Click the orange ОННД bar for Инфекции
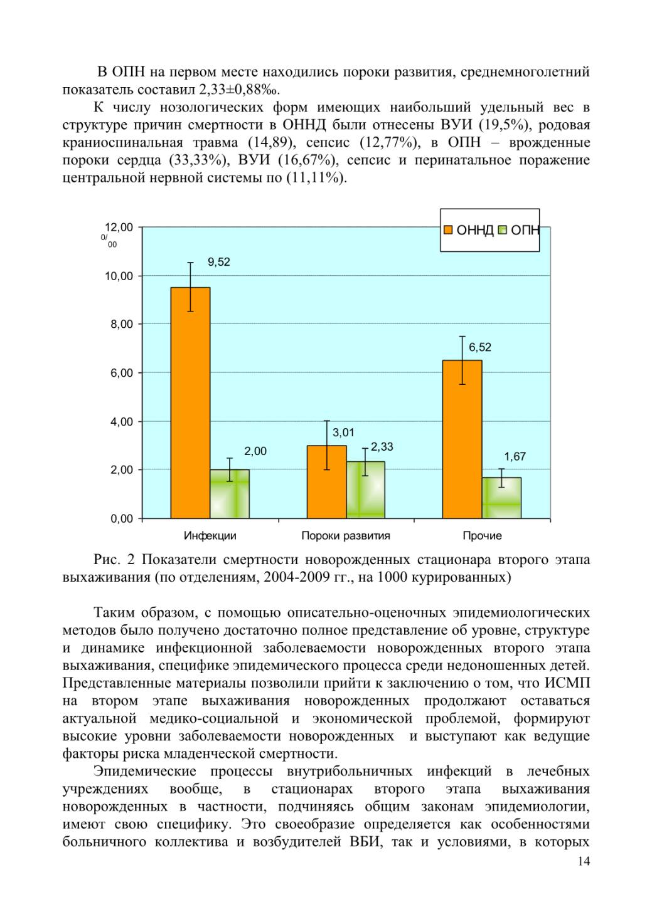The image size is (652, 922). point(190,402)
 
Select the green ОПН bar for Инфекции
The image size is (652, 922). point(230,494)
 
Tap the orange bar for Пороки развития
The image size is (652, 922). point(326,481)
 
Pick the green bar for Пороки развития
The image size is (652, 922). point(366,490)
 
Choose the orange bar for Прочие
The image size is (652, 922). point(462,439)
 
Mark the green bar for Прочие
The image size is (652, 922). point(501,498)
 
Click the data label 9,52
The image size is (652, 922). point(218,262)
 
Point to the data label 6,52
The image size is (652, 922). point(479,347)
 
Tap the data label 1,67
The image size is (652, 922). point(515,456)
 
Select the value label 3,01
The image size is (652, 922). point(343,432)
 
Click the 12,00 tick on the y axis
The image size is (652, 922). point(119,227)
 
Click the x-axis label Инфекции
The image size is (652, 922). point(210,535)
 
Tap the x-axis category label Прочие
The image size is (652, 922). point(482,535)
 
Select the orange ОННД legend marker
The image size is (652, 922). point(448,229)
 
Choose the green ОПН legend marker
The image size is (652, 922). point(503,229)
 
